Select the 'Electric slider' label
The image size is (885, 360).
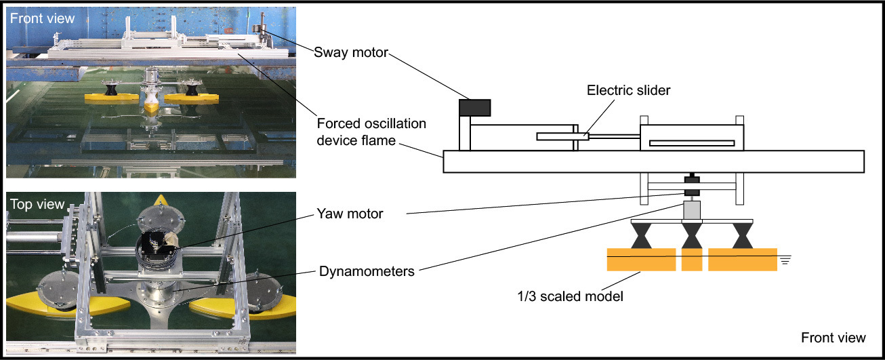click(628, 90)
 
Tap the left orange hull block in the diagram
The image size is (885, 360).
click(641, 260)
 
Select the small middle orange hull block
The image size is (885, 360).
click(691, 260)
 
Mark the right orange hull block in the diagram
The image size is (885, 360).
click(743, 260)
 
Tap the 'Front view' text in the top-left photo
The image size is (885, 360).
click(42, 18)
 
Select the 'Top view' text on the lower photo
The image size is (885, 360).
click(37, 204)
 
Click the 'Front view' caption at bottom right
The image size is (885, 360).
click(833, 338)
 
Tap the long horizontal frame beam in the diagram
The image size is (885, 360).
click(653, 161)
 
